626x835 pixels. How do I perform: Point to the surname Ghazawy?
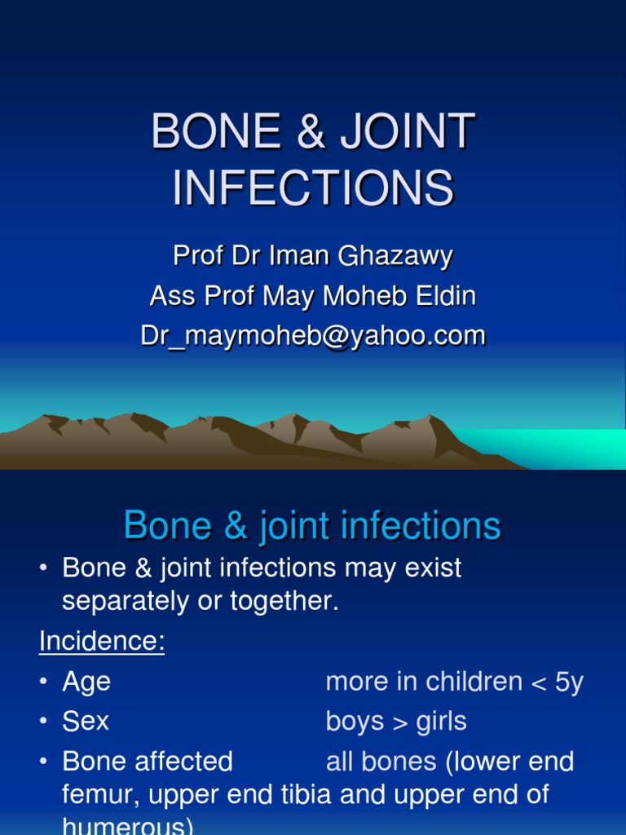coord(403,256)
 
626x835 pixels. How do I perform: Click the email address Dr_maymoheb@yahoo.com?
coord(313,336)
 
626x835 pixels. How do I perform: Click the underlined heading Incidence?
coord(102,642)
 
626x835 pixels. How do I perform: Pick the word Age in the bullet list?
coord(86,682)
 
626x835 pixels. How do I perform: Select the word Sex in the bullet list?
coord(86,722)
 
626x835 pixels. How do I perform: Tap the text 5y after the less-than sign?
coord(569,682)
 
